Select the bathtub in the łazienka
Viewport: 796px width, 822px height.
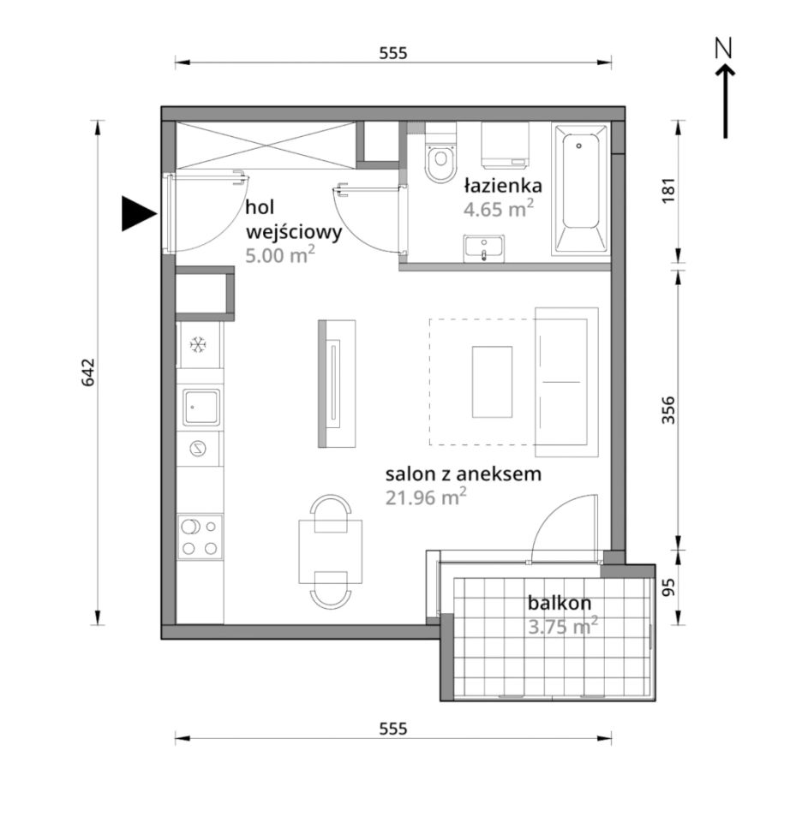[580, 188]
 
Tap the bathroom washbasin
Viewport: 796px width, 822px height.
[484, 248]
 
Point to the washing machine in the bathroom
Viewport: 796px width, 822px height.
[505, 146]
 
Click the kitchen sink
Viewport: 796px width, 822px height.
[201, 407]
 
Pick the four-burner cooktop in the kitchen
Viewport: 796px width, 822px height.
[200, 537]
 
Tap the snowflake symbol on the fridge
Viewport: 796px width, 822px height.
[198, 345]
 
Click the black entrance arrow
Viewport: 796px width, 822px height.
[139, 214]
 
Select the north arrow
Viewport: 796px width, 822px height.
[725, 88]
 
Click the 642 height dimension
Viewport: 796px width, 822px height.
[87, 372]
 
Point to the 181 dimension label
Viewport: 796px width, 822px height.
[668, 191]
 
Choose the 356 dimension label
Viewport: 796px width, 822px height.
[668, 410]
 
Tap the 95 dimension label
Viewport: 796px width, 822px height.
[668, 587]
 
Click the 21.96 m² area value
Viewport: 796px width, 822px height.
[426, 497]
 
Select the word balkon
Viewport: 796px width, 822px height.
[560, 603]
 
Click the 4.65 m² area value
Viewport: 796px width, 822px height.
[499, 209]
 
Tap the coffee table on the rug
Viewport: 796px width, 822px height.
[492, 382]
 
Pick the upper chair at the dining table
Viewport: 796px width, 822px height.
[331, 514]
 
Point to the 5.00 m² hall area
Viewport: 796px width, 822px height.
[280, 255]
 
